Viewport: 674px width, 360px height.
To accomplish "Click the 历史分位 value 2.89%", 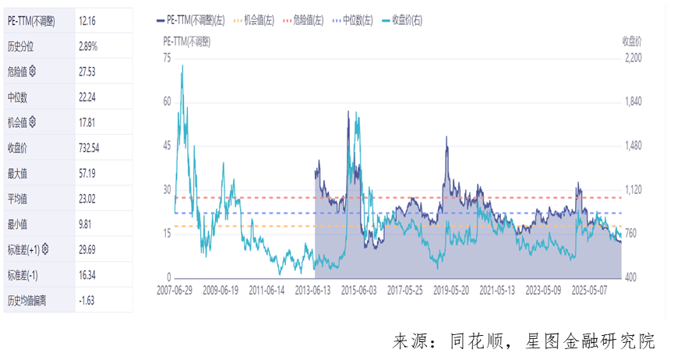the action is (x=88, y=47).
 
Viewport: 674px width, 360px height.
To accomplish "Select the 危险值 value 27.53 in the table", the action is (x=87, y=72).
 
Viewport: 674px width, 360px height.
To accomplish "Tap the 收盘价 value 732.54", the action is (x=89, y=148).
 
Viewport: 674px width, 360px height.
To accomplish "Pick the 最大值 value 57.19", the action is (x=87, y=173).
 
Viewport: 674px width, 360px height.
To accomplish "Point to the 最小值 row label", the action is (x=18, y=224).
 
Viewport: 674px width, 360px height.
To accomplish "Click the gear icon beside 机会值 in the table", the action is (x=32, y=122).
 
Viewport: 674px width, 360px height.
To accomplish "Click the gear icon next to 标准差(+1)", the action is (x=45, y=249).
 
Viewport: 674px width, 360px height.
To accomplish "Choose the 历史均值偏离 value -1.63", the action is (x=86, y=300).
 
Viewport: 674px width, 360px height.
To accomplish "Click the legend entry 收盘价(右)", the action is (x=402, y=20).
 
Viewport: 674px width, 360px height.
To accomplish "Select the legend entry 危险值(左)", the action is (x=303, y=20).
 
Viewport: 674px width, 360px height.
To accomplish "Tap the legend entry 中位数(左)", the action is (x=353, y=20).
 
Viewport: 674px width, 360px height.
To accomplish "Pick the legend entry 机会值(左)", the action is (x=254, y=20).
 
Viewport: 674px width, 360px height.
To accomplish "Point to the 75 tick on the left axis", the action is (x=167, y=58).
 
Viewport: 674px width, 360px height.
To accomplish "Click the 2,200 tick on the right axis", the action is (x=633, y=58).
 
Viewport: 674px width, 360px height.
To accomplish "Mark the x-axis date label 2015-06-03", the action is (x=359, y=291).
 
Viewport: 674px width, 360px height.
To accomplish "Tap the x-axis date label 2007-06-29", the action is (x=175, y=291).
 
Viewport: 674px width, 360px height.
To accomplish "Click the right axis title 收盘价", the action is (x=632, y=41).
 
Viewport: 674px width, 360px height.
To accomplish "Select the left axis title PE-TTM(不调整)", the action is (x=187, y=41).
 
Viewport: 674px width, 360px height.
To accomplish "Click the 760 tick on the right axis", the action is (x=630, y=233).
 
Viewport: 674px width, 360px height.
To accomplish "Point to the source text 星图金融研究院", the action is (x=590, y=341).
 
